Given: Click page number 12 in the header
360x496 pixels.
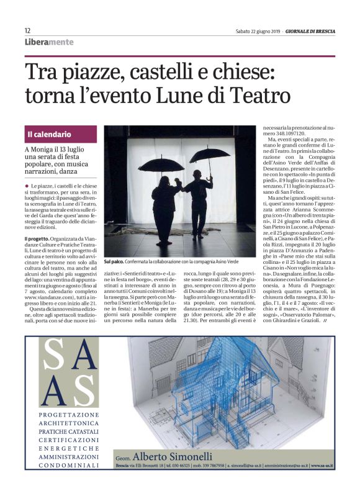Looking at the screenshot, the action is pyautogui.click(x=27, y=30).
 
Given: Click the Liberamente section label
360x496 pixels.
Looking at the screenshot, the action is pyautogui.click(x=49, y=42).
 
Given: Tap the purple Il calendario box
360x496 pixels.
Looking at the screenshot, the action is pyautogui.click(x=61, y=134).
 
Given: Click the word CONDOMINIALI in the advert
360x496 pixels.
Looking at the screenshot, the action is pyautogui.click(x=68, y=464).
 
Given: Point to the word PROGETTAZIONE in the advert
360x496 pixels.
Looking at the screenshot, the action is pyautogui.click(x=68, y=413).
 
